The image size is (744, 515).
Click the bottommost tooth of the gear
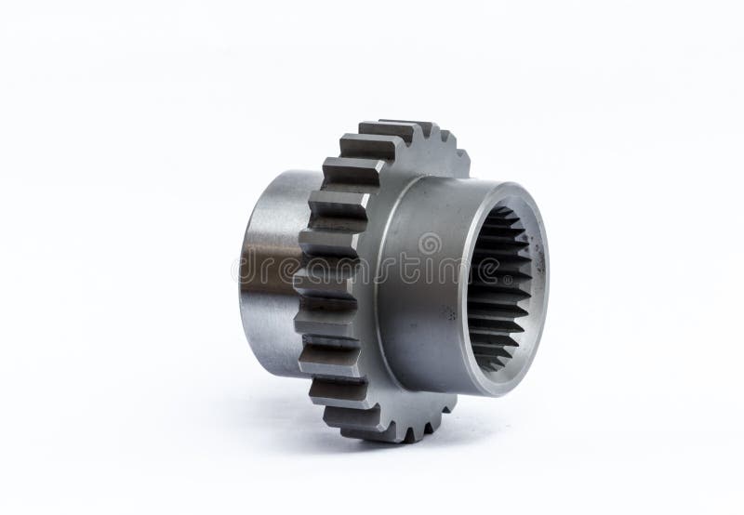[x=391, y=429]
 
